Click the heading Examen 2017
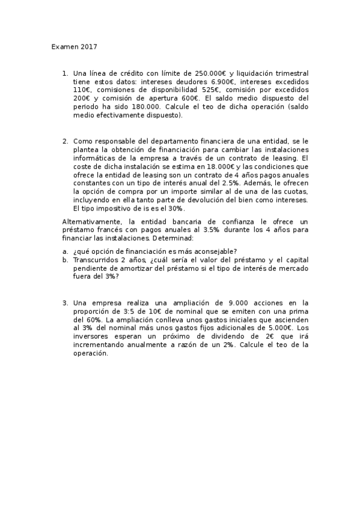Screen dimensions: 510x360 74,46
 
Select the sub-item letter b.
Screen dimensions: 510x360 64,259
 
